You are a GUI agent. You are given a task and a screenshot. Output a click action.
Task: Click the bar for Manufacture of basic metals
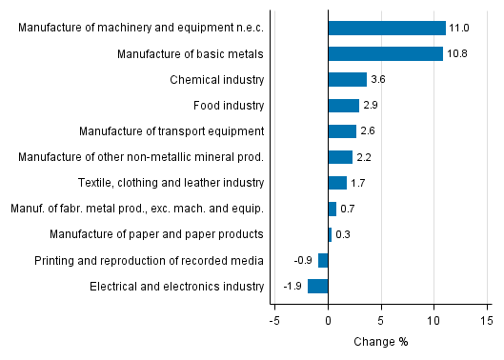pos(385,53)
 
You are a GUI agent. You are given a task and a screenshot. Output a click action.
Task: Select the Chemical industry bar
pos(347,79)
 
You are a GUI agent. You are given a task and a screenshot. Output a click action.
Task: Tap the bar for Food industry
pos(343,105)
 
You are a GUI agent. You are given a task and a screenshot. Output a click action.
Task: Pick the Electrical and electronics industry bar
pos(317,286)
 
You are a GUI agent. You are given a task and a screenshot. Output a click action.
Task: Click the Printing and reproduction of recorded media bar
pos(323,260)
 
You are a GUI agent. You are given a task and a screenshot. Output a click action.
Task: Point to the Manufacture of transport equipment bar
pos(341,130)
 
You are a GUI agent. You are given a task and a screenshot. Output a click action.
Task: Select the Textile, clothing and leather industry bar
pos(336,183)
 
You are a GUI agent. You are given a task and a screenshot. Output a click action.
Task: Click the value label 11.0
pos(458,28)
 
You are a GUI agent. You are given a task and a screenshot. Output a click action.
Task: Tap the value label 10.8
pos(457,53)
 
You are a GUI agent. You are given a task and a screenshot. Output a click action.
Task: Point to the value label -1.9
pos(292,286)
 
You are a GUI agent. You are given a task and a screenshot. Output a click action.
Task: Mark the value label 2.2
pos(363,157)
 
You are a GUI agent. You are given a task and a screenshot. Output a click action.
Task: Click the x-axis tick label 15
pos(486,321)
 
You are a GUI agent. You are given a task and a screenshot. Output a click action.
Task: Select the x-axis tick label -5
pos(273,321)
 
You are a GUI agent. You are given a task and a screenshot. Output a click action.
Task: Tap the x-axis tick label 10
pos(433,321)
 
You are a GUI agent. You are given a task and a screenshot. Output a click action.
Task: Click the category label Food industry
pos(229,105)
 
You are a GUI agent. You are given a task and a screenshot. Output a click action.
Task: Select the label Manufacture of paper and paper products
pos(171,234)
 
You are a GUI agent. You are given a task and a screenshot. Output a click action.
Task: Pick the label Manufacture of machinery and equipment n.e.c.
pos(141,28)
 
